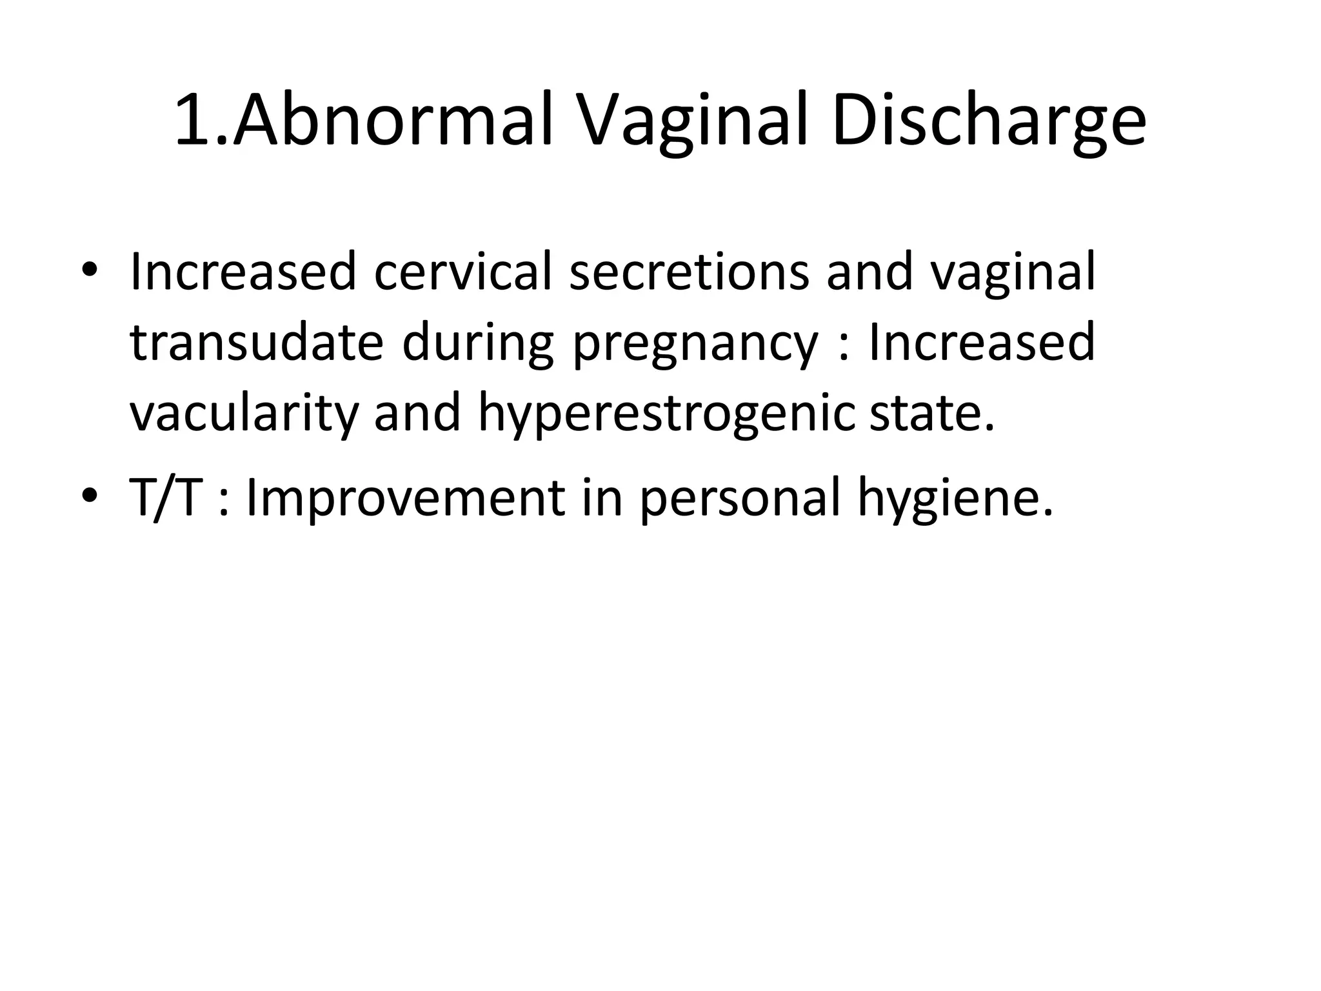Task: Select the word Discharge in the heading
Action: (989, 121)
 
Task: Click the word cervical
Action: (463, 271)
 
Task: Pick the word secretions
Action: (689, 271)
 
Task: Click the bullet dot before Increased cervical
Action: (90, 271)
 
